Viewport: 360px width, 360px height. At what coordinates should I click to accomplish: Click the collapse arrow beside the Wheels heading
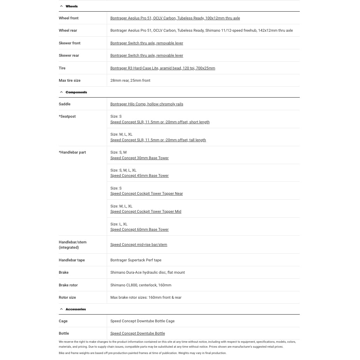(61, 6)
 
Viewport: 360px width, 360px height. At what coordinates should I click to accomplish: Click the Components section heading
(76, 92)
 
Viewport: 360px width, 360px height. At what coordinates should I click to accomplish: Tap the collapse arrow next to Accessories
(61, 309)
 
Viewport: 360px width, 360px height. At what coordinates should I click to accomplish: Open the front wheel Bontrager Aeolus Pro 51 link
(175, 18)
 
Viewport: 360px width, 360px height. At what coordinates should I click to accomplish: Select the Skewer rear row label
(69, 55)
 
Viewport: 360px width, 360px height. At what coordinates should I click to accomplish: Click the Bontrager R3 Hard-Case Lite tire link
(162, 68)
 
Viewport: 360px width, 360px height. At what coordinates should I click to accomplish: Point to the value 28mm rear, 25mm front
(130, 80)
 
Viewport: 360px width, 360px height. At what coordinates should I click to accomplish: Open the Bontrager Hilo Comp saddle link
(147, 104)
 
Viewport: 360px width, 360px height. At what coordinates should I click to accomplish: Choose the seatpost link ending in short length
(160, 122)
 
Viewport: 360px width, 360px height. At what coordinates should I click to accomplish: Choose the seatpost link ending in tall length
(158, 140)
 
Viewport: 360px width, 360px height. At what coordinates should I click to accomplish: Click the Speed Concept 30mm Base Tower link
(139, 158)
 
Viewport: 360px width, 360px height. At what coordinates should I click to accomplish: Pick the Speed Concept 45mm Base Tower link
(139, 175)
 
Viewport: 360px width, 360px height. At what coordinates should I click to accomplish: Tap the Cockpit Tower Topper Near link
(147, 193)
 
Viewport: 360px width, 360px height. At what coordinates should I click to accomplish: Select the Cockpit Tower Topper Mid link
(146, 211)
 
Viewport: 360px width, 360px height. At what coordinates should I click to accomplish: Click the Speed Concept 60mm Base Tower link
(139, 229)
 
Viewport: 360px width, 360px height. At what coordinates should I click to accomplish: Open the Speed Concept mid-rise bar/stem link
(139, 244)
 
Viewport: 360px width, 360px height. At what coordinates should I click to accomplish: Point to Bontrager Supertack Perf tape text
(136, 260)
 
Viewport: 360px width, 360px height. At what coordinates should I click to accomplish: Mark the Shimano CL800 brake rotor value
(141, 285)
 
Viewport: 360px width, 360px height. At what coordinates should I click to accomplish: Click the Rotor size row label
(67, 297)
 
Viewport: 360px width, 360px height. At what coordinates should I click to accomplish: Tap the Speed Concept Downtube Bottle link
(137, 333)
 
